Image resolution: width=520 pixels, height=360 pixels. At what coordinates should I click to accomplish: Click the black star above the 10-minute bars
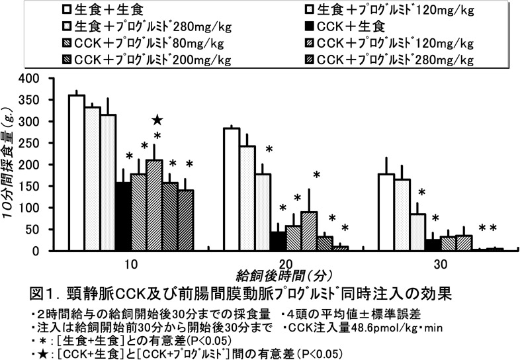coord(157,120)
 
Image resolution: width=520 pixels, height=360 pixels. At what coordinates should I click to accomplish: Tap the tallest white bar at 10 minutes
coord(76,173)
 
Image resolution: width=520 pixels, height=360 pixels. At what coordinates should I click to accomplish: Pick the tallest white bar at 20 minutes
coord(232,189)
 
